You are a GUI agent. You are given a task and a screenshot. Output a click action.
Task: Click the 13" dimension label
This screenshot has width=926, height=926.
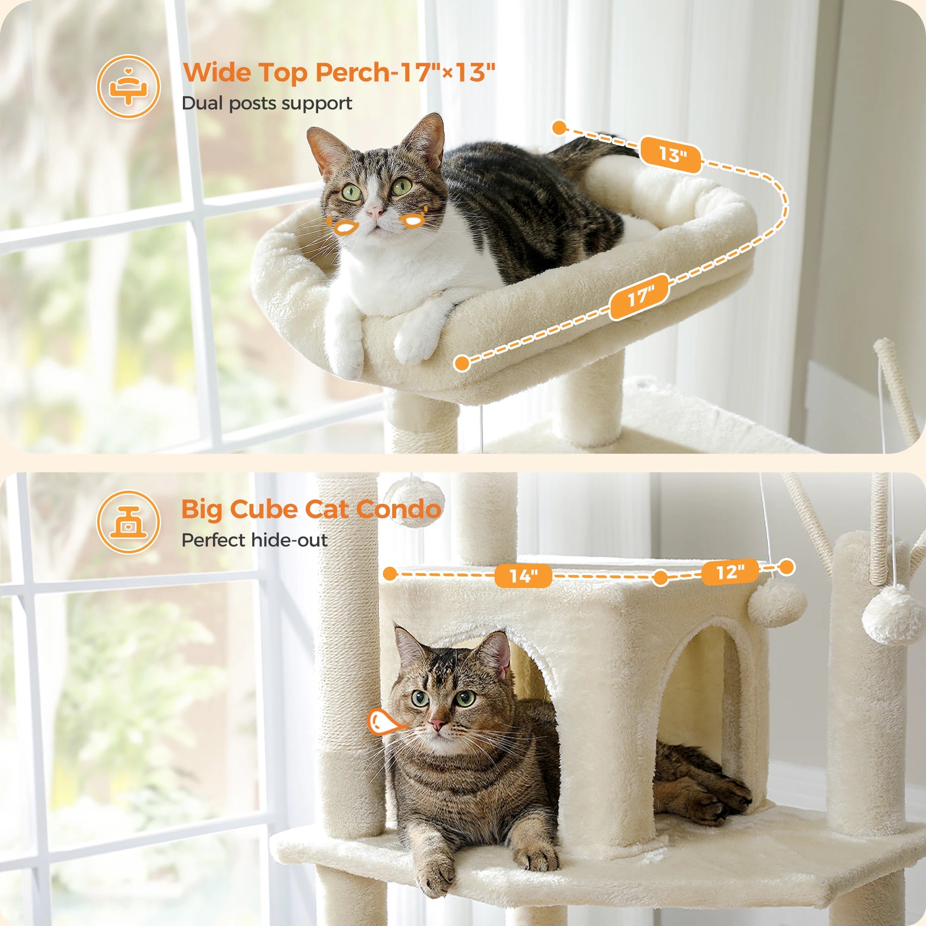point(671,154)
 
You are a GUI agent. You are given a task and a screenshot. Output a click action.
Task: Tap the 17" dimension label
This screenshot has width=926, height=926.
point(639,297)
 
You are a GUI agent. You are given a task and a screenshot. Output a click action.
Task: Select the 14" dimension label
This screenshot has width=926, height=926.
point(523,575)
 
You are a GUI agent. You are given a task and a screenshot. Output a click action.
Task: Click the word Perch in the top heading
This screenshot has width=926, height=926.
point(352,72)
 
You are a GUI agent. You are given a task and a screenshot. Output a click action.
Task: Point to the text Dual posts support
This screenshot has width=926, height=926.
point(267,103)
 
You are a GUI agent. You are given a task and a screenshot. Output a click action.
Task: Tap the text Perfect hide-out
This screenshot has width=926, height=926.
point(255,540)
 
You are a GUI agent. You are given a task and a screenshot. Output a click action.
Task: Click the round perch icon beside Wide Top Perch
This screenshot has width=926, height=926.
point(128,87)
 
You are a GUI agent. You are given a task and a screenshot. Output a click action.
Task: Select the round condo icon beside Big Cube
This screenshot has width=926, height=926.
point(128,522)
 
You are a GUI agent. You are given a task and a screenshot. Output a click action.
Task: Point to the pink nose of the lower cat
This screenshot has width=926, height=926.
point(437,724)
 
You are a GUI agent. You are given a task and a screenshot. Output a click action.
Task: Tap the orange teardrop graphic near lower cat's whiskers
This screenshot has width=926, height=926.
point(382,722)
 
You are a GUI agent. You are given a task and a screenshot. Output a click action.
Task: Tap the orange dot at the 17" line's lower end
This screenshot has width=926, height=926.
point(462,363)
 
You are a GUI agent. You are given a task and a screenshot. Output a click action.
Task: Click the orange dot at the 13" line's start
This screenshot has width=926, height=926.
point(559,128)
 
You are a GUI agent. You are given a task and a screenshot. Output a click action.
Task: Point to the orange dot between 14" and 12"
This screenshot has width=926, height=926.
point(661,577)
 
